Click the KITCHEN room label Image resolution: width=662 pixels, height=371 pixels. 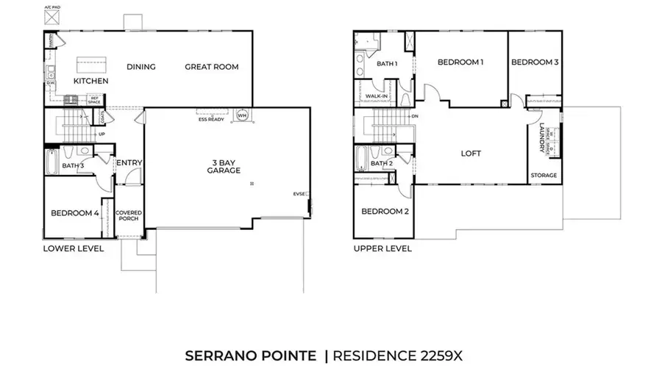(x=91, y=81)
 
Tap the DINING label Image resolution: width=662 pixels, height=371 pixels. (x=141, y=67)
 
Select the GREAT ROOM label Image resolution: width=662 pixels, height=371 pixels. (x=212, y=67)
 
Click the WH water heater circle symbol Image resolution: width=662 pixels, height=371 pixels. (x=242, y=115)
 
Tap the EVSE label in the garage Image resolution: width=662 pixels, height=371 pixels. (x=299, y=194)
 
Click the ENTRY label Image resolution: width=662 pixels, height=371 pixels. (x=129, y=163)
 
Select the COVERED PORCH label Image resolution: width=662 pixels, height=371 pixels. (x=129, y=216)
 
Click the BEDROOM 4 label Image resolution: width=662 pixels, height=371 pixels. (x=74, y=214)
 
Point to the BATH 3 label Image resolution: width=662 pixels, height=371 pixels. (x=74, y=166)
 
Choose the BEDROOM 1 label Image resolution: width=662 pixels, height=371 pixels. (x=460, y=62)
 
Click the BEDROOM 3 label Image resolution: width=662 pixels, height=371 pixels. (x=535, y=62)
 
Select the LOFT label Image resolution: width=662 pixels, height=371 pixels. (x=471, y=154)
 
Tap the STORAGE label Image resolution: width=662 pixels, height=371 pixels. (x=544, y=176)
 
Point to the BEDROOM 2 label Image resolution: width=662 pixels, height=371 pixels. (x=384, y=212)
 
